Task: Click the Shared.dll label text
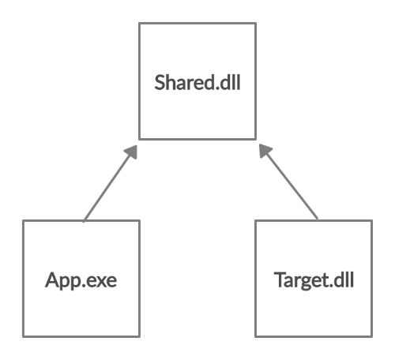[x=197, y=82]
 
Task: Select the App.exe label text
[x=81, y=280]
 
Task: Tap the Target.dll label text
[x=314, y=280]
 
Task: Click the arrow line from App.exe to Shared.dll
[x=110, y=183]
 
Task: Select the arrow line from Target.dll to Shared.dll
[x=288, y=182]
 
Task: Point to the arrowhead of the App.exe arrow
[x=133, y=151]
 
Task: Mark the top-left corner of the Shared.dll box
[x=139, y=23]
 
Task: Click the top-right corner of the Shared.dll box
[x=256, y=23]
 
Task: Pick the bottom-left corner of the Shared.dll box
[x=139, y=139]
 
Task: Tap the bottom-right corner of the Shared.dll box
[x=256, y=139]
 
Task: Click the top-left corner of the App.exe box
[x=23, y=221]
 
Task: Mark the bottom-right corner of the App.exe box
[x=139, y=336]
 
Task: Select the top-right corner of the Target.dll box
[x=372, y=221]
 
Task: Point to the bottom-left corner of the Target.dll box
[x=256, y=336]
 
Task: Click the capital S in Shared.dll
[x=160, y=82]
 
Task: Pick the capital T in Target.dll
[x=280, y=279]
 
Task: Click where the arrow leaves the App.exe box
[x=84, y=221]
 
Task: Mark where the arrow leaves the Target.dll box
[x=318, y=219]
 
